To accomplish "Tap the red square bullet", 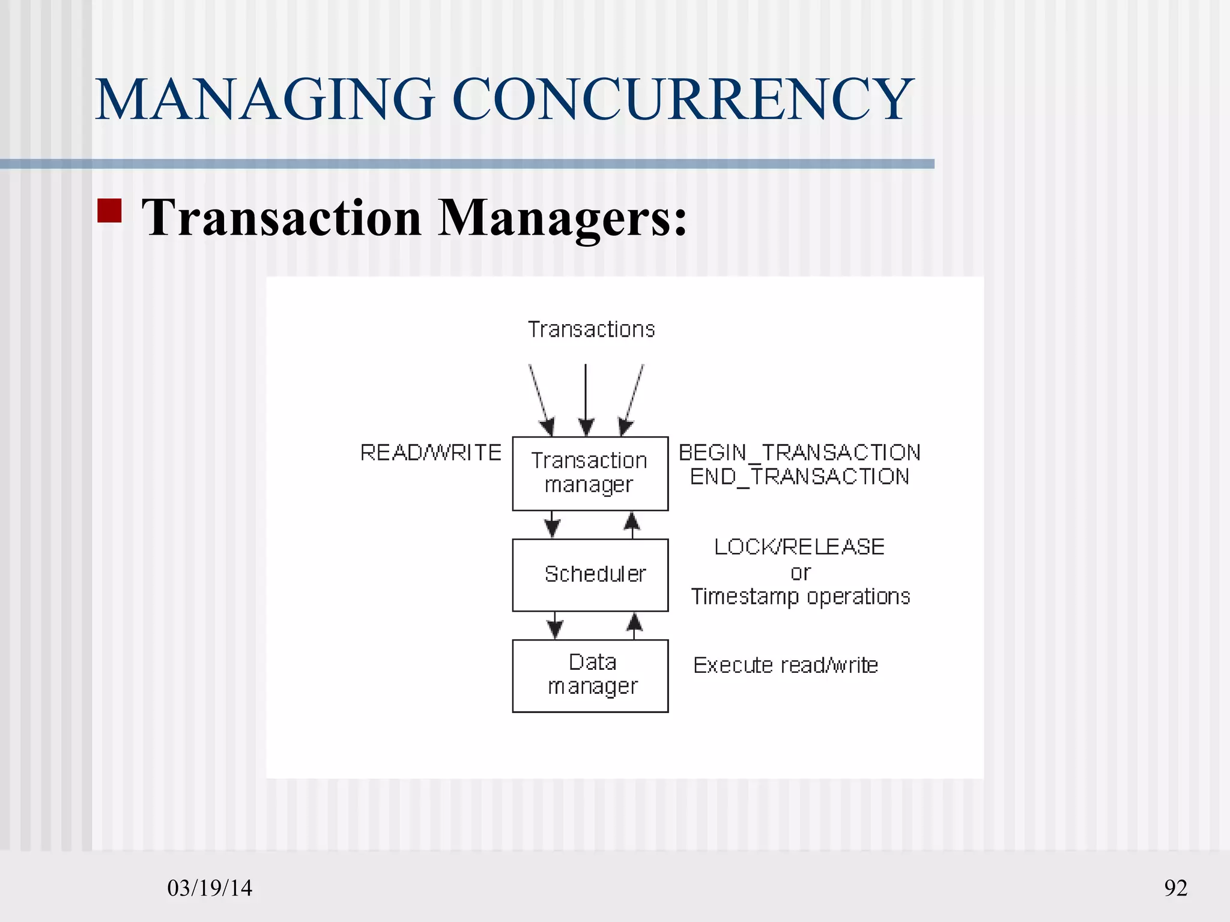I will click(x=109, y=211).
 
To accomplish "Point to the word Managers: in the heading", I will click(x=562, y=218).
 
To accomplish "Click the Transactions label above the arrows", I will click(x=591, y=330).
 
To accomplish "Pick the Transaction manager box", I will click(x=590, y=474).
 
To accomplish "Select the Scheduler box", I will click(x=590, y=575).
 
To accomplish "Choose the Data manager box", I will click(x=590, y=676).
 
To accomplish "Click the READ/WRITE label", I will click(x=431, y=453).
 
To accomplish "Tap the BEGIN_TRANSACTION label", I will click(x=799, y=453).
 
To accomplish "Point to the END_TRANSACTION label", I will click(x=799, y=477).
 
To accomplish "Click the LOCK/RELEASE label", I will click(x=799, y=547).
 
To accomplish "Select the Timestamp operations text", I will click(x=800, y=597).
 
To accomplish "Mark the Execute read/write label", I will click(x=786, y=665).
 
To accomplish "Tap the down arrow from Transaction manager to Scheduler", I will click(x=552, y=524).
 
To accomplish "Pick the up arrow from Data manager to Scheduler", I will click(x=634, y=625).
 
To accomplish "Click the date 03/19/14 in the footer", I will click(x=210, y=888).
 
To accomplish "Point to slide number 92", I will click(x=1175, y=888).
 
